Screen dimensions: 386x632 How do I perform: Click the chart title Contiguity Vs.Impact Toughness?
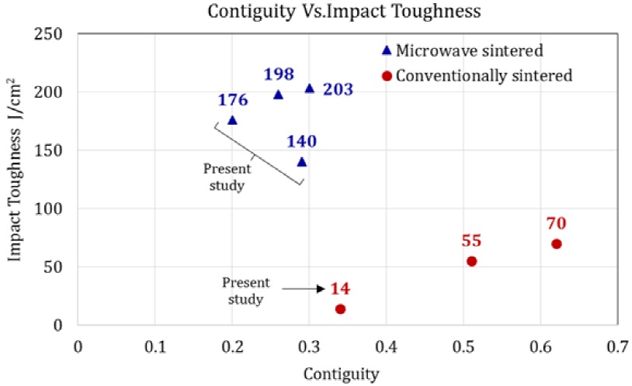(316, 12)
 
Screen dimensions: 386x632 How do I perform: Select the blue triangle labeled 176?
(232, 120)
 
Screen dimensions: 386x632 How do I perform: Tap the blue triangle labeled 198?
(278, 95)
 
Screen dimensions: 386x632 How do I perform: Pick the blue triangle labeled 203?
(309, 88)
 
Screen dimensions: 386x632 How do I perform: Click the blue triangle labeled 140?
(301, 161)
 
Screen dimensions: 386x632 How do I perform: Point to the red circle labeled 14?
(340, 308)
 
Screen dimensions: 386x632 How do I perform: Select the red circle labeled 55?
(471, 261)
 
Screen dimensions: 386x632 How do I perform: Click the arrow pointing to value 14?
(304, 289)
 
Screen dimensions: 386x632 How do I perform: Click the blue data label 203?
(338, 89)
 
